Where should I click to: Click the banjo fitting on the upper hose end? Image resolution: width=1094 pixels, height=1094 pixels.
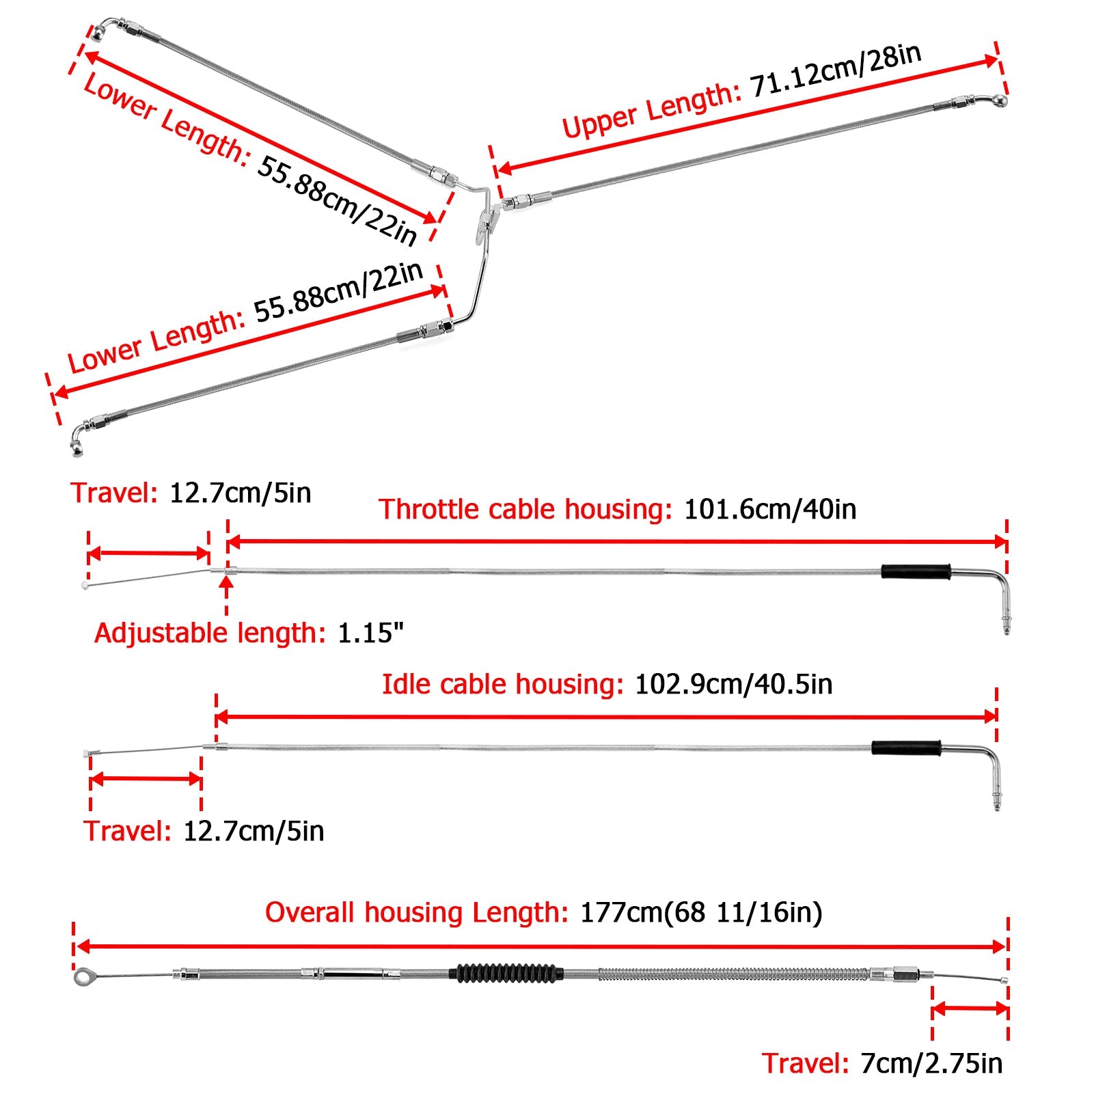(x=998, y=101)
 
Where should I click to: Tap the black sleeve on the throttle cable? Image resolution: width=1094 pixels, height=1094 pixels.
(x=915, y=572)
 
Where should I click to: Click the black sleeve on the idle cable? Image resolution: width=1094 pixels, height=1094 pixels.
(x=905, y=748)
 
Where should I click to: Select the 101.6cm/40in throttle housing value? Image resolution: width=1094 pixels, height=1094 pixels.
(x=769, y=510)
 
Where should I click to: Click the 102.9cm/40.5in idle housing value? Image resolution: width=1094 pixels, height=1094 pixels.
(x=733, y=685)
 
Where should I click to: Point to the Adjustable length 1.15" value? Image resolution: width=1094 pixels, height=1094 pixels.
(x=370, y=633)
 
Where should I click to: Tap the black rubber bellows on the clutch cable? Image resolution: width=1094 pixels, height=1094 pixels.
(x=506, y=973)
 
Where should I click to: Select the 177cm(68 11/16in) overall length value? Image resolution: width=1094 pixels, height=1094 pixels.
(x=700, y=913)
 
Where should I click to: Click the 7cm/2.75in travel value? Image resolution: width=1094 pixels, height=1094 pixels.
(x=931, y=1064)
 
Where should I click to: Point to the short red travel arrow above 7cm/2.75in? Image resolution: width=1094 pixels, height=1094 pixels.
(x=970, y=1009)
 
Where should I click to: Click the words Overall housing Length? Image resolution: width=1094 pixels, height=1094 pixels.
(x=416, y=913)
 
